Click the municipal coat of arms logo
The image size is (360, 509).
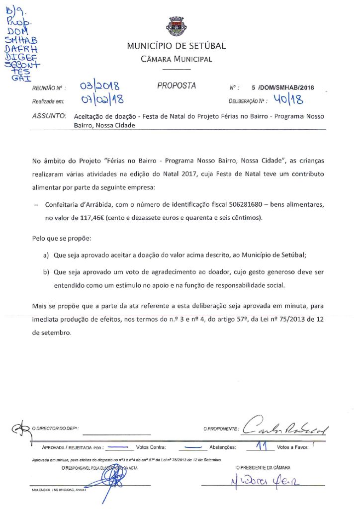(176, 25)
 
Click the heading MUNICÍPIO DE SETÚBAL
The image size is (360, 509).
(177, 46)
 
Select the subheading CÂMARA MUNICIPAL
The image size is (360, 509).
(177, 60)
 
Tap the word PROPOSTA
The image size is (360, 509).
(177, 86)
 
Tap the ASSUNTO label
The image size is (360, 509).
(49, 116)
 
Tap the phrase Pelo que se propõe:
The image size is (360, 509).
(61, 239)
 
